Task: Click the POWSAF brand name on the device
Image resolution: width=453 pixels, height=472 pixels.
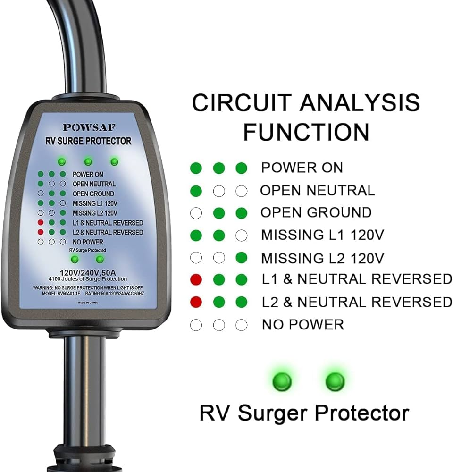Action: point(89,127)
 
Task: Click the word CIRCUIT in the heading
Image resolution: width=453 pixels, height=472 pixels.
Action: point(242,102)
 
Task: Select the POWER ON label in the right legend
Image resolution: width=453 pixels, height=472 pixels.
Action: point(302,168)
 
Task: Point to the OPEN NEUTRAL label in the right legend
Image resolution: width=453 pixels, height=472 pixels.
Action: point(318,191)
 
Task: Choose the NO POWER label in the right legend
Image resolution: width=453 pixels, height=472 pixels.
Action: point(303,325)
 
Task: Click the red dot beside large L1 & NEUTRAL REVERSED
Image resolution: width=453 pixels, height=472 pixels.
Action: point(196,279)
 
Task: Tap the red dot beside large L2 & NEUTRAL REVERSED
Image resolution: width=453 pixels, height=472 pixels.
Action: point(196,302)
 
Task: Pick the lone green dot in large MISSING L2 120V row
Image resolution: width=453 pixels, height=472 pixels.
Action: point(242,258)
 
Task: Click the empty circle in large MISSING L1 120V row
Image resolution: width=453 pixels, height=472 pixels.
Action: point(242,236)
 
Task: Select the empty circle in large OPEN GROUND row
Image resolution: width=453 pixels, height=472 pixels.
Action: point(196,213)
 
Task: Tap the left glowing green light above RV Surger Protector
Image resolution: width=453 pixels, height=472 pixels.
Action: point(282,381)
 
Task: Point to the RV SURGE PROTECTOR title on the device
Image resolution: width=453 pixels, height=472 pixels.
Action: point(88,141)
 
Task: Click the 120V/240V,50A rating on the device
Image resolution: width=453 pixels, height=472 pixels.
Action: point(88,273)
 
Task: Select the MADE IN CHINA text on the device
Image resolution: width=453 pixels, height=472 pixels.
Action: point(88,303)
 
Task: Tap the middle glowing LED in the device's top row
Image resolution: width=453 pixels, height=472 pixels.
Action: point(88,162)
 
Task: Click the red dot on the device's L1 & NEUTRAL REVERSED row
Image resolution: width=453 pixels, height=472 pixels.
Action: point(41,223)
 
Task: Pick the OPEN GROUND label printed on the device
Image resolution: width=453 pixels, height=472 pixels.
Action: point(93,194)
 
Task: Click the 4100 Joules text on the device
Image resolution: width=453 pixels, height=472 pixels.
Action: point(88,279)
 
